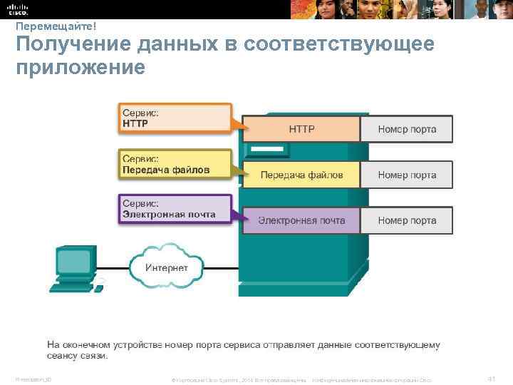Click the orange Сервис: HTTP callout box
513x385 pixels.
coord(174,118)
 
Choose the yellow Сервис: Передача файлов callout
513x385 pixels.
coord(174,164)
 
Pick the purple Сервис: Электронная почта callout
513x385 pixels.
coord(174,209)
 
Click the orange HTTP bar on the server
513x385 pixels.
coord(301,129)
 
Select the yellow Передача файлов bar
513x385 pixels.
coord(301,175)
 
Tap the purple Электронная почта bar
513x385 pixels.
coord(301,220)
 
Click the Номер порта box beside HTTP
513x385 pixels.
coord(406,129)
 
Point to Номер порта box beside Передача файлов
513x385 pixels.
coord(406,175)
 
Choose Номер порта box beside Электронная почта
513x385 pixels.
coord(406,220)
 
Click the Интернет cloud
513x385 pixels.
coord(166,268)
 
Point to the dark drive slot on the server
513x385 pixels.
coord(266,150)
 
